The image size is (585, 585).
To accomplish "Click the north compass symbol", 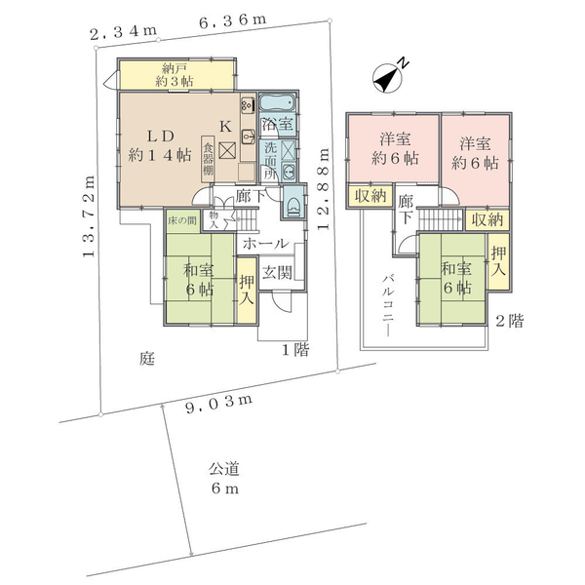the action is (389, 77).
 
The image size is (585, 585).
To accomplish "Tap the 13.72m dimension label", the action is (89, 216).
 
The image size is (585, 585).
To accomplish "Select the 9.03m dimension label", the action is (219, 404).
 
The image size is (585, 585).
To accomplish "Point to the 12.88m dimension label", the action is (324, 189).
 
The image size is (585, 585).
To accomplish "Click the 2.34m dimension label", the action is (123, 32).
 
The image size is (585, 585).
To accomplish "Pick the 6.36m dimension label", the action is (232, 20).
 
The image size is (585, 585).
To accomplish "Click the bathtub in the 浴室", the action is (277, 102).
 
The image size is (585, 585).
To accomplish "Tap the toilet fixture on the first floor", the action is (293, 204).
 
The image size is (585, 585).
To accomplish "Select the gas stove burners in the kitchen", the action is (248, 104).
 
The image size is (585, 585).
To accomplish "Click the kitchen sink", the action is (248, 136).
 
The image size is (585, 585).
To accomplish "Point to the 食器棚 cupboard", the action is (208, 159).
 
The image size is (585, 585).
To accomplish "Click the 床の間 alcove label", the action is (181, 220).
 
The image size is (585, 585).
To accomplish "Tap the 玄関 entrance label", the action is (277, 273).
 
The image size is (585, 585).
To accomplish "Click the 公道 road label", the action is (224, 469).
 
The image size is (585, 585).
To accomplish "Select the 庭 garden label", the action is (147, 359).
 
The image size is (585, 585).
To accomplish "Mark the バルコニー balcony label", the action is (388, 305).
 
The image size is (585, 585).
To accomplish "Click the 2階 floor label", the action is (509, 321).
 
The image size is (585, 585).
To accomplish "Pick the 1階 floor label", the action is (295, 350).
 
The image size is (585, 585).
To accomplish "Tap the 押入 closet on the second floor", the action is (498, 260).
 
